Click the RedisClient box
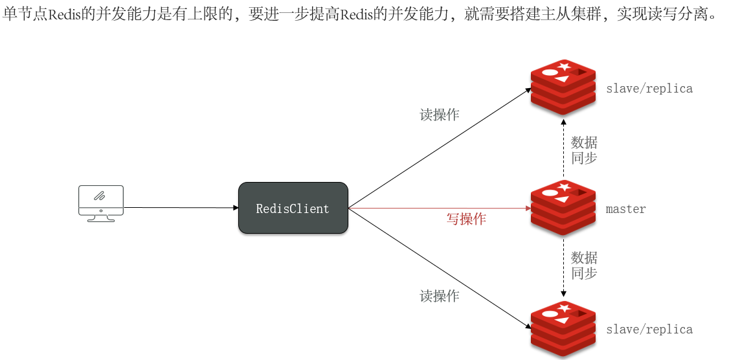pos(293,208)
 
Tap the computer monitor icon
pos(100,203)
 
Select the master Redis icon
pos(563,208)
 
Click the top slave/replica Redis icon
pos(563,87)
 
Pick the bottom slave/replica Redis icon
pos(563,328)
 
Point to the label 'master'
pos(625,209)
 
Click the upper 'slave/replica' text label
pos(649,89)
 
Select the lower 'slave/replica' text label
pos(649,330)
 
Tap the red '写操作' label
pos(466,219)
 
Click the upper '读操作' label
pos(440,115)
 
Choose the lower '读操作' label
pos(440,297)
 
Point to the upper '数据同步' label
pos(584,150)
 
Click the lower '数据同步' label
pos(584,265)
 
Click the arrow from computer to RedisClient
pos(181,208)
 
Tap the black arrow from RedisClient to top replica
pos(440,148)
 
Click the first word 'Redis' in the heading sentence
pos(64,14)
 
